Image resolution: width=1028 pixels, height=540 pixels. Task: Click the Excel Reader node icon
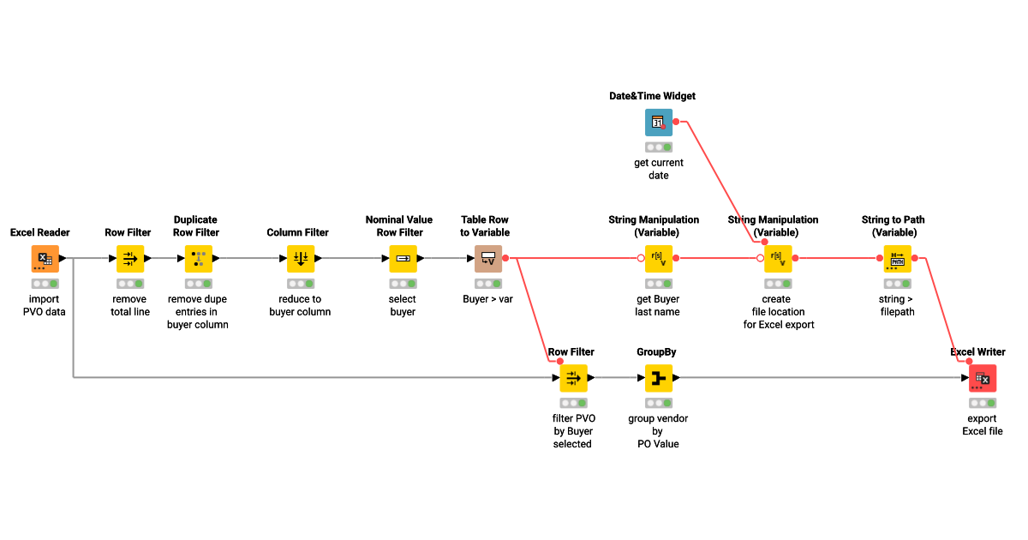pyautogui.click(x=45, y=258)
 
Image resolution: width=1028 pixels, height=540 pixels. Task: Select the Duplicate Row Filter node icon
pyautogui.click(x=199, y=258)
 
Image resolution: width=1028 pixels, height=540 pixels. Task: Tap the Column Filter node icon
pyautogui.click(x=301, y=258)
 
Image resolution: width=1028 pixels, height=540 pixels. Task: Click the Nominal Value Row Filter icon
pyautogui.click(x=403, y=258)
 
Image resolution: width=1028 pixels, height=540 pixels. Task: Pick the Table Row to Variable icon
pyautogui.click(x=488, y=258)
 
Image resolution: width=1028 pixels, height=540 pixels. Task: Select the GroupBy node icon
pyautogui.click(x=659, y=378)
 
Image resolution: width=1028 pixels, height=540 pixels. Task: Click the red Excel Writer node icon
pyautogui.click(x=983, y=378)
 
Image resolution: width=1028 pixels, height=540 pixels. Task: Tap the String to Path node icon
pyautogui.click(x=897, y=258)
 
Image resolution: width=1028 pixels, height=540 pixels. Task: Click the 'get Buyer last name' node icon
pyautogui.click(x=658, y=258)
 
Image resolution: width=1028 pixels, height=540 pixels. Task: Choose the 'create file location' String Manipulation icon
pyautogui.click(x=777, y=258)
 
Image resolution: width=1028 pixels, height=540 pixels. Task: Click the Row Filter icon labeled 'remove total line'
pyautogui.click(x=130, y=258)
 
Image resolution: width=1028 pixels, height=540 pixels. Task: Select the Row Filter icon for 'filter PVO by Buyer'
pyautogui.click(x=573, y=378)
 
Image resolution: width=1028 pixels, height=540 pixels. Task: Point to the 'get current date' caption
pyautogui.click(x=659, y=169)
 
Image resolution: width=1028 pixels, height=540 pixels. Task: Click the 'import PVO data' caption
pyautogui.click(x=45, y=305)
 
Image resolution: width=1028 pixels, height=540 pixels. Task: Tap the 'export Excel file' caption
pyautogui.click(x=983, y=425)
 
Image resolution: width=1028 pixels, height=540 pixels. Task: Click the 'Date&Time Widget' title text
pyautogui.click(x=652, y=96)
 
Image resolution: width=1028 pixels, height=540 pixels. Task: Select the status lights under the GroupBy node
pyautogui.click(x=659, y=403)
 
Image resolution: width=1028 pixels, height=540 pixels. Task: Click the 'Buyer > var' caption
pyautogui.click(x=488, y=299)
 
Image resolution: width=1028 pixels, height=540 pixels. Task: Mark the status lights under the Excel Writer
pyautogui.click(x=983, y=403)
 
